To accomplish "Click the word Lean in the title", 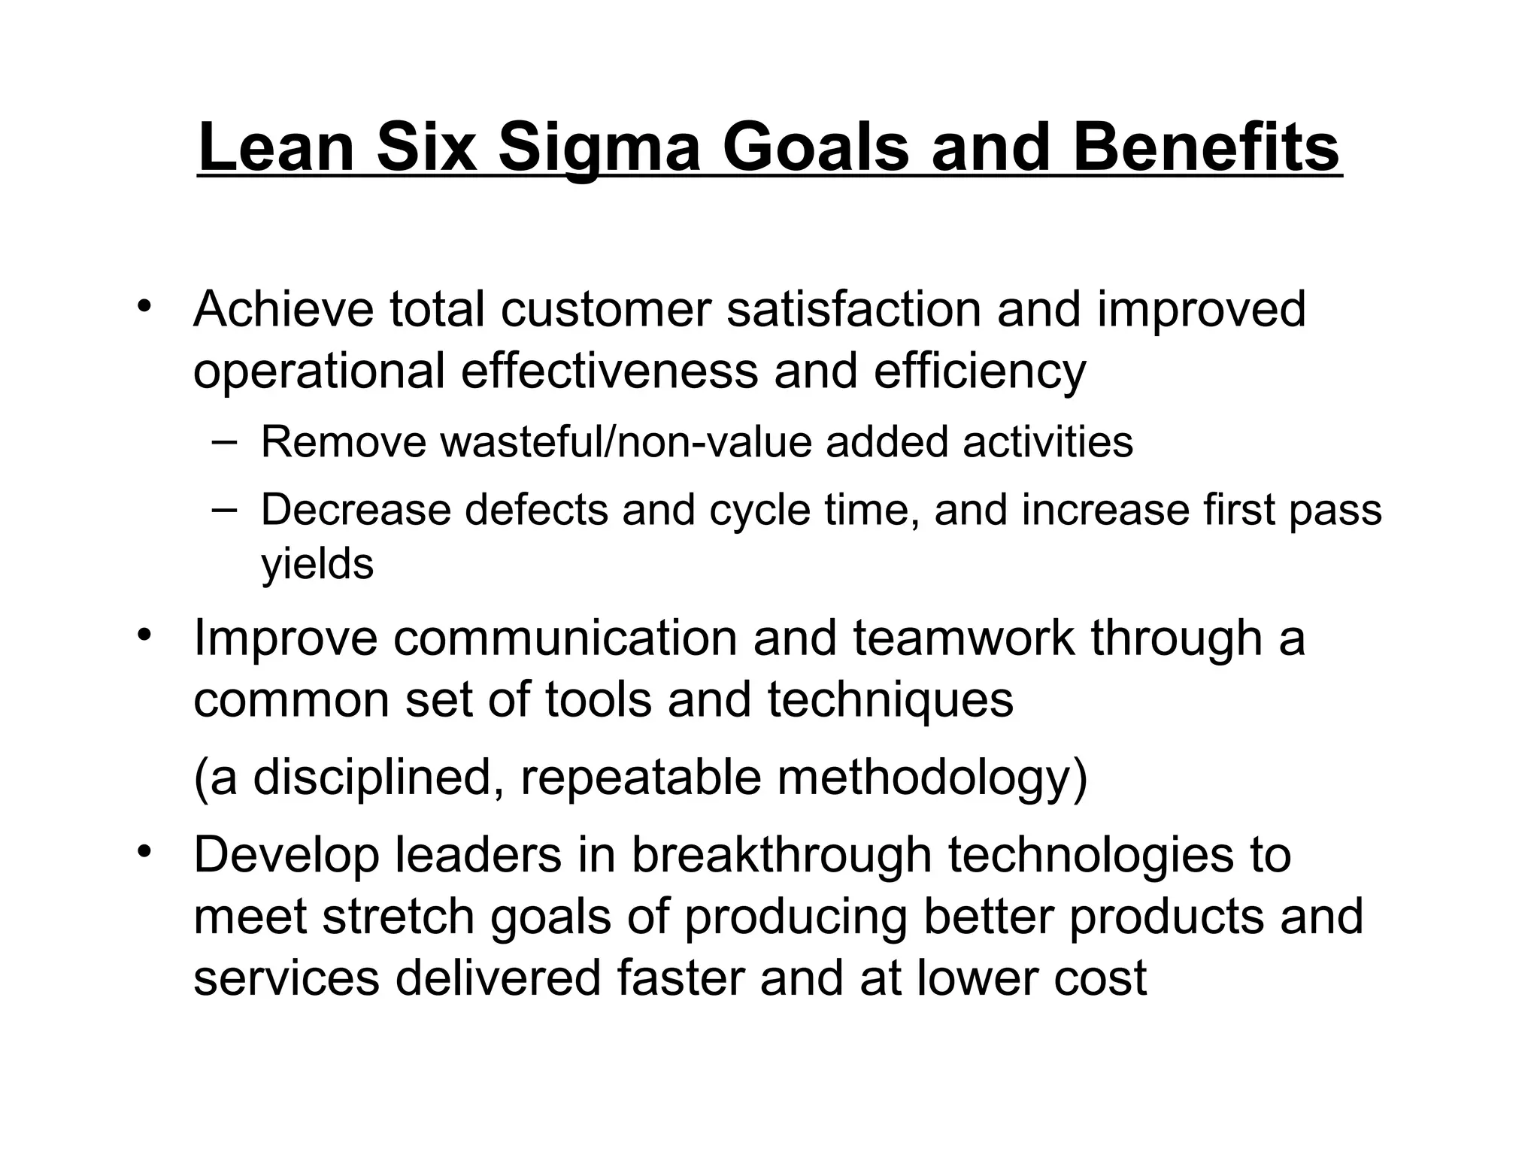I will pos(276,148).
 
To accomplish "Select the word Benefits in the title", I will pos(1205,148).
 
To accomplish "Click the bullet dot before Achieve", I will pos(144,307).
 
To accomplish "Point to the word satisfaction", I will pos(853,309).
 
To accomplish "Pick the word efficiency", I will pos(980,371).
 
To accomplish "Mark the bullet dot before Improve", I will pos(144,635).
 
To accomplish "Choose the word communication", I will pos(565,638).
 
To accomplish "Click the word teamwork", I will pos(963,638).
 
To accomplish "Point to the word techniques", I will pos(890,700).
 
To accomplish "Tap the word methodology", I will pos(931,778).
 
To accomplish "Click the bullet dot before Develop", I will pos(144,852).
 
